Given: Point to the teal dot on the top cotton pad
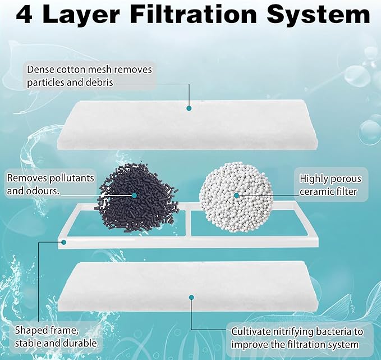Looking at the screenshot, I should click(x=189, y=108).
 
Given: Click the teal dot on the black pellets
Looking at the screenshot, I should click(x=135, y=195).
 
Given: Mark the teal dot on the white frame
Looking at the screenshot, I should click(x=63, y=243).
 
